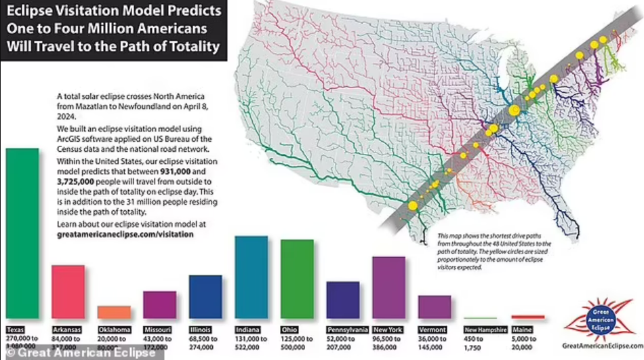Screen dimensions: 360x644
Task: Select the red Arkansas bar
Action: [x=68, y=292]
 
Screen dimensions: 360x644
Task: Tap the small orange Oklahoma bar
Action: [x=114, y=312]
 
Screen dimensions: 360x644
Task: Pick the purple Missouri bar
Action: [x=159, y=304]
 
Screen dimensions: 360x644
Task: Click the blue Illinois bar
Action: [x=205, y=296]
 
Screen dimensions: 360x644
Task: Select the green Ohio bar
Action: [x=297, y=279]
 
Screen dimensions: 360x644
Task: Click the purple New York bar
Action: [x=388, y=287]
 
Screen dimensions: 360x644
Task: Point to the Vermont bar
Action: [x=435, y=306]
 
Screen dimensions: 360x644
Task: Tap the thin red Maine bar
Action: [x=527, y=317]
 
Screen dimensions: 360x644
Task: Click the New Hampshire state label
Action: [x=485, y=329]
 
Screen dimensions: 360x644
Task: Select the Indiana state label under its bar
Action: [x=248, y=329]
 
